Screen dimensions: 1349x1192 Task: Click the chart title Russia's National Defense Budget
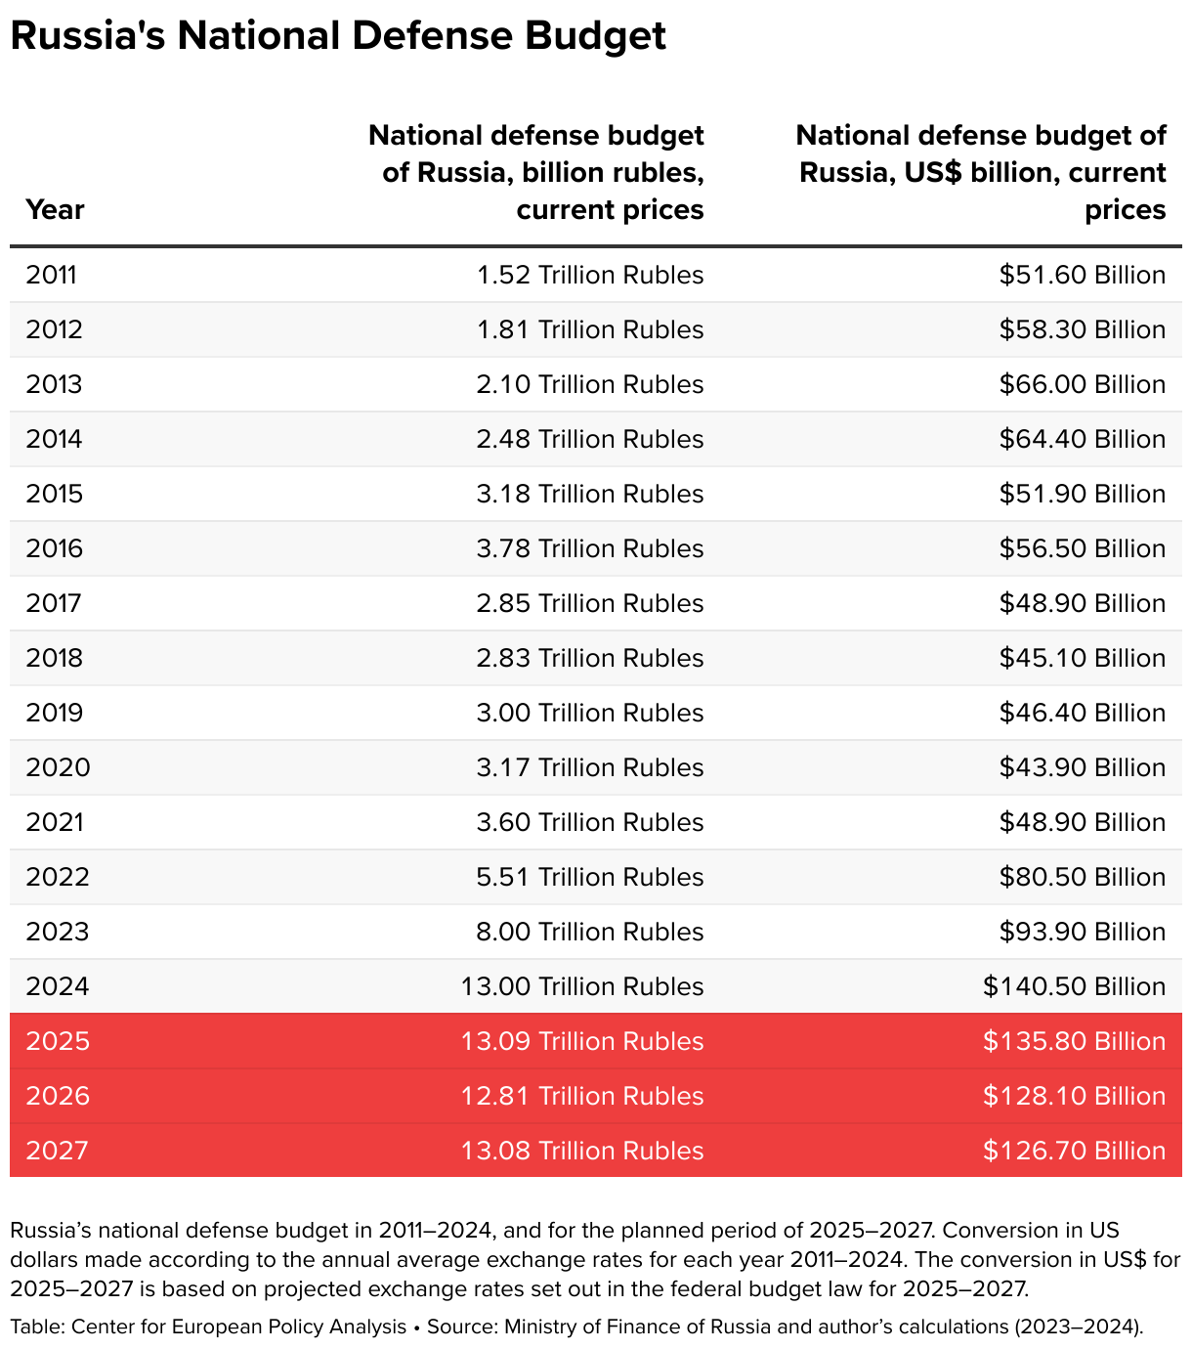(x=338, y=37)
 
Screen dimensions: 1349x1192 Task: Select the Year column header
(x=55, y=209)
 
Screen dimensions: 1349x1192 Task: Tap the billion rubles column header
(x=535, y=172)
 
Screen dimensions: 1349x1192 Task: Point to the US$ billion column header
(x=981, y=172)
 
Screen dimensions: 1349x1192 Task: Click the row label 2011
(x=51, y=275)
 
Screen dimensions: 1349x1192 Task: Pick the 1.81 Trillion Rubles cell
(x=590, y=329)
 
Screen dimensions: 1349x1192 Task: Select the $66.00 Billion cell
(x=1082, y=384)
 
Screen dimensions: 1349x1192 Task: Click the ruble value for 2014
(x=590, y=439)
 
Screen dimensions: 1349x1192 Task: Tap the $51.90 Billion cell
(x=1082, y=494)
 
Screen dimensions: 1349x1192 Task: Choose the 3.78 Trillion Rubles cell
(x=590, y=548)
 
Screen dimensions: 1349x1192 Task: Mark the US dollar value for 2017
(x=1082, y=603)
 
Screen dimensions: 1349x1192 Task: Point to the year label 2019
(x=55, y=713)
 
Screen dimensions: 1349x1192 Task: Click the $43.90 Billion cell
(x=1082, y=767)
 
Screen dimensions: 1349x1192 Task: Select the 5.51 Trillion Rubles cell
(x=590, y=877)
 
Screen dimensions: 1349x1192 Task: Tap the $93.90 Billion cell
(x=1082, y=932)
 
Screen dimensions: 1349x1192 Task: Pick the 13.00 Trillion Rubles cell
(x=582, y=986)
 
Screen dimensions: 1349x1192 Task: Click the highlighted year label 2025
(x=58, y=1041)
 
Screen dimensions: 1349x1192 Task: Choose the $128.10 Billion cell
(x=1074, y=1096)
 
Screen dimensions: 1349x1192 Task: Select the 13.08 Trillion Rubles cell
(x=582, y=1151)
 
